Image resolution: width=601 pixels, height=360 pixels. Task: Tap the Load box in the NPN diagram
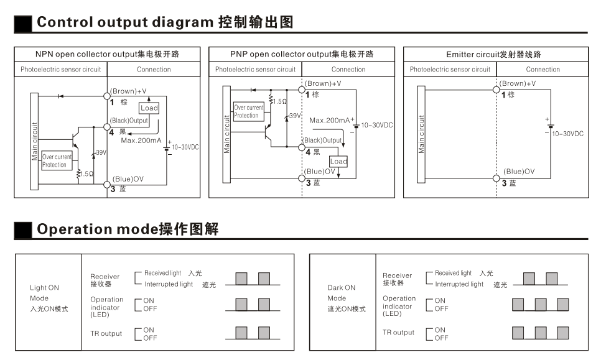pyautogui.click(x=149, y=108)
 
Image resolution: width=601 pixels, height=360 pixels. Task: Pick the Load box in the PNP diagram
pyautogui.click(x=338, y=161)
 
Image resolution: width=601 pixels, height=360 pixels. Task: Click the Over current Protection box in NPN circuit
pyautogui.click(x=57, y=161)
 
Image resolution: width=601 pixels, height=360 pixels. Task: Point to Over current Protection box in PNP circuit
pyautogui.click(x=248, y=112)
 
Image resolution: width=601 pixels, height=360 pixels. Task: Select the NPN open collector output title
pyautogui.click(x=107, y=54)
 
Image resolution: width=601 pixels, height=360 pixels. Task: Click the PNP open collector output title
pyautogui.click(x=302, y=54)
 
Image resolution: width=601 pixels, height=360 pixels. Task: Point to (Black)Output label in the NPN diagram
pyautogui.click(x=129, y=121)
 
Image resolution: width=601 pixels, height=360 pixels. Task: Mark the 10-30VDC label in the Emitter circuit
pyautogui.click(x=568, y=134)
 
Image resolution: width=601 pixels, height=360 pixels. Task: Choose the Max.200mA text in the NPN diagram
pyautogui.click(x=141, y=141)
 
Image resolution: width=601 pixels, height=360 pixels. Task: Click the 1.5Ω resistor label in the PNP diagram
pyautogui.click(x=280, y=101)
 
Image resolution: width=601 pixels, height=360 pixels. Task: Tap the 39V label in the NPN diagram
pyautogui.click(x=100, y=152)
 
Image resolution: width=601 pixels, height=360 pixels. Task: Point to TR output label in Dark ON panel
pyautogui.click(x=398, y=333)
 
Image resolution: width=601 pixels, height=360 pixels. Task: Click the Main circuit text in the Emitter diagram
pyautogui.click(x=422, y=134)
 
